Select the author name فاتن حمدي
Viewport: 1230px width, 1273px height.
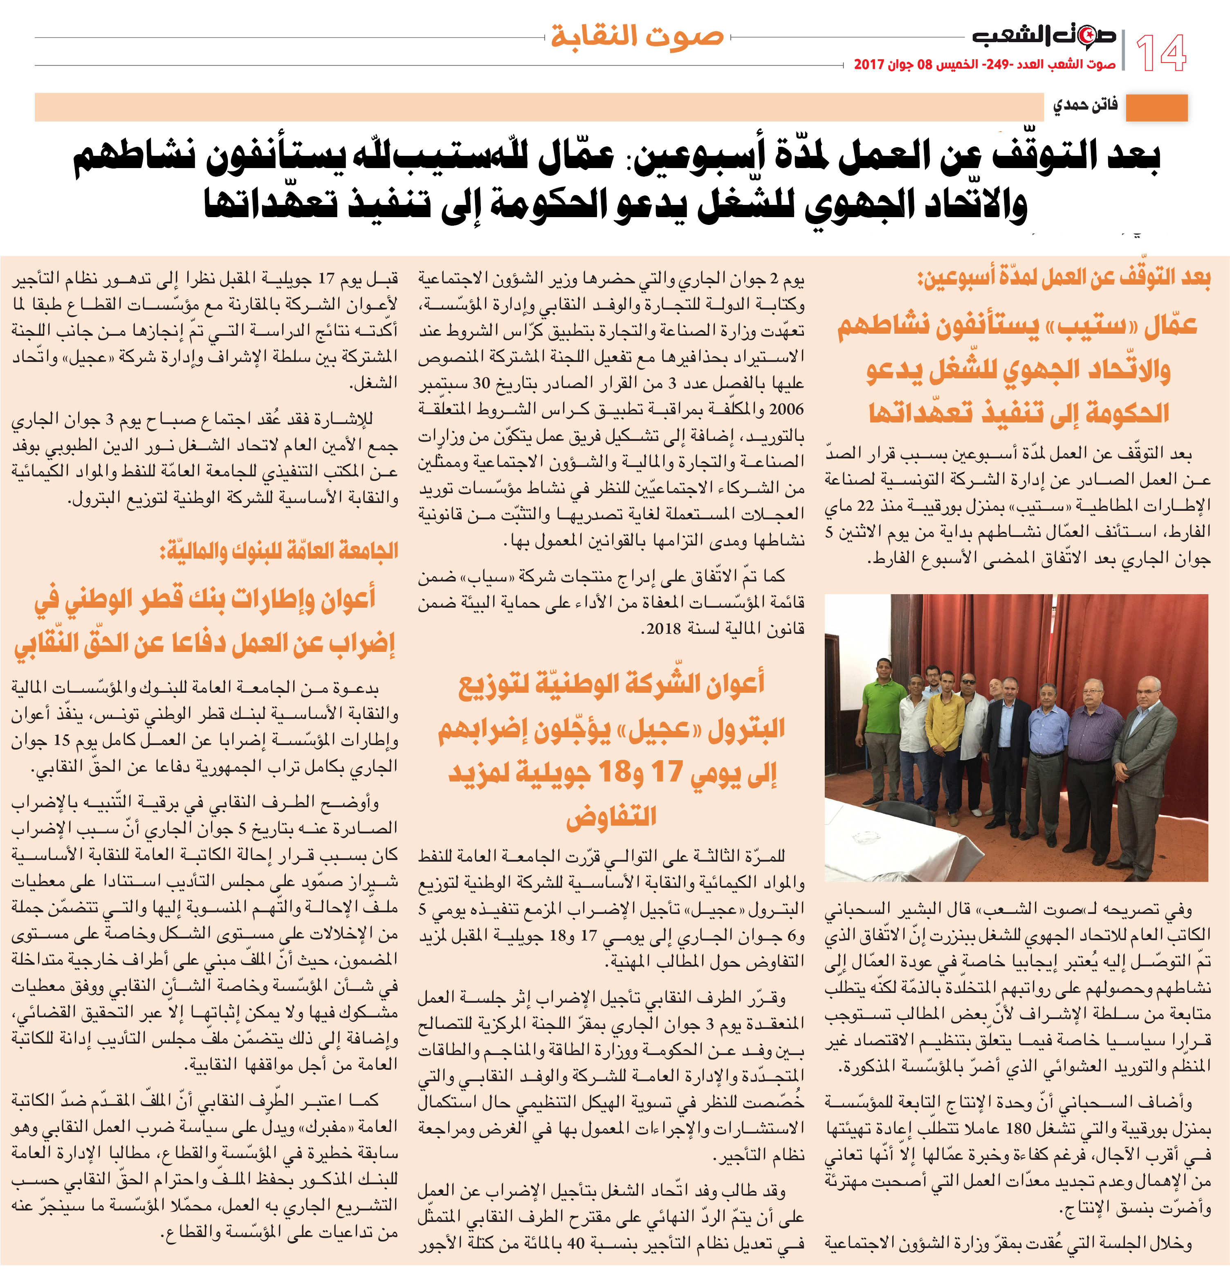click(1084, 105)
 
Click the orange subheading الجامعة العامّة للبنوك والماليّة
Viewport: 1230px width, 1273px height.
click(279, 551)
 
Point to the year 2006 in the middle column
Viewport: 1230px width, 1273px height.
click(786, 410)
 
